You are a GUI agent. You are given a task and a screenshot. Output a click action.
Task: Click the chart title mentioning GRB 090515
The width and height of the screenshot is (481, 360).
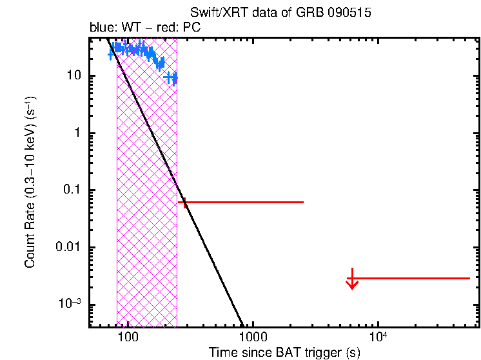[x=280, y=13]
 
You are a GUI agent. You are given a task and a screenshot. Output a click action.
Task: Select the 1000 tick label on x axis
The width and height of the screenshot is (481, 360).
[x=253, y=337]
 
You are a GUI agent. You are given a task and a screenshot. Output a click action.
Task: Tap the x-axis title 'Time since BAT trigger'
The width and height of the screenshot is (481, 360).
[x=284, y=352]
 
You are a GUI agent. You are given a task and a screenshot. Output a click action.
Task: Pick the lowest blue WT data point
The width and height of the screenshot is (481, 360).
[x=172, y=79]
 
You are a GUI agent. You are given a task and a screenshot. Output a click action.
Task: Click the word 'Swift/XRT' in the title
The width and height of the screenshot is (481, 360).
[x=213, y=13]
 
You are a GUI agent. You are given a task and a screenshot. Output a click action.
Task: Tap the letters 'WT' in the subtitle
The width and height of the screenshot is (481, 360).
[x=137, y=28]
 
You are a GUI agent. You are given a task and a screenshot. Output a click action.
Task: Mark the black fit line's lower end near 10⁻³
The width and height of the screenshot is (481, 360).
[x=242, y=324]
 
